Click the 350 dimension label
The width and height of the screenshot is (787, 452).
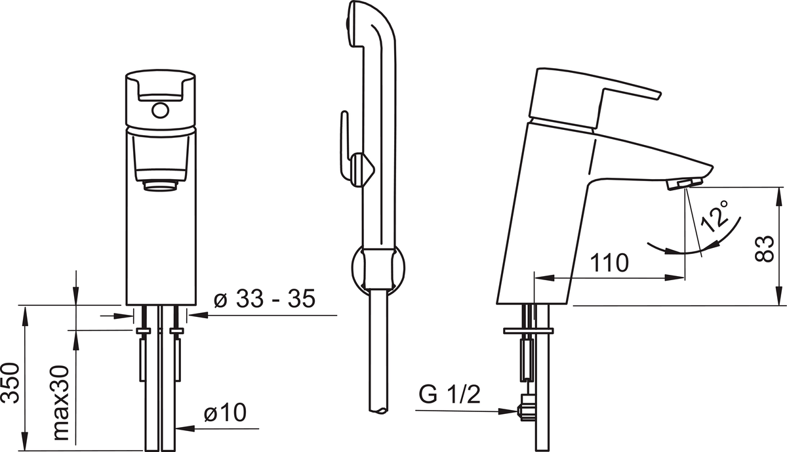pos(10,382)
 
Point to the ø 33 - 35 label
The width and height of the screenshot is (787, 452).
pos(264,299)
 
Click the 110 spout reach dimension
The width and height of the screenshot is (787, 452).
pos(609,263)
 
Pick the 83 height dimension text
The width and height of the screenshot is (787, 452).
pos(765,249)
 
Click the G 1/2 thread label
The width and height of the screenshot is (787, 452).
pos(449,395)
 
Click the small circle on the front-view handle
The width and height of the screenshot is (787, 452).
pos(160,110)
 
